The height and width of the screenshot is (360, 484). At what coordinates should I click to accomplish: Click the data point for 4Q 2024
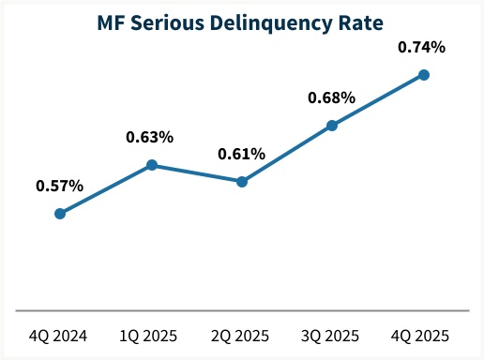click(60, 214)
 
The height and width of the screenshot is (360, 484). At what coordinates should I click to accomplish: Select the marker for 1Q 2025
click(151, 165)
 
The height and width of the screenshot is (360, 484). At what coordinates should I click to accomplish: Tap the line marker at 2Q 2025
click(242, 182)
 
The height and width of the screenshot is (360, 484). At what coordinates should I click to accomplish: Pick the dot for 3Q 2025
click(332, 125)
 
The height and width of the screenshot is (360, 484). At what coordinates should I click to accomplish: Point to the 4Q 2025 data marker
click(423, 75)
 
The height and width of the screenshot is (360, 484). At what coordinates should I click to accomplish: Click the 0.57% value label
click(60, 186)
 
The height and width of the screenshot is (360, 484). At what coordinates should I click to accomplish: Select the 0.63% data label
click(150, 137)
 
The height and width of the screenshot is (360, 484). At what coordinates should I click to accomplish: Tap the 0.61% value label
click(241, 154)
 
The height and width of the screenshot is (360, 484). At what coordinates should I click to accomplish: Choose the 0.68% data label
click(332, 97)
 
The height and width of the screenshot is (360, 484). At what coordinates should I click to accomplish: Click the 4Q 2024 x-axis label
click(60, 335)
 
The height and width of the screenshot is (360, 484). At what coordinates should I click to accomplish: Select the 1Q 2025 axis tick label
click(151, 335)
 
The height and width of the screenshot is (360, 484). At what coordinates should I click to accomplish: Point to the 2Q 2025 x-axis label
click(242, 335)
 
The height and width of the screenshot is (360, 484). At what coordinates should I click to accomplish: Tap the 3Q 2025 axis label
click(332, 335)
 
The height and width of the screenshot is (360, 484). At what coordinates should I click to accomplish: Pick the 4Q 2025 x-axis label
click(423, 335)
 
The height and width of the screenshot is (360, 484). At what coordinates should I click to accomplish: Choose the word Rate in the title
click(367, 20)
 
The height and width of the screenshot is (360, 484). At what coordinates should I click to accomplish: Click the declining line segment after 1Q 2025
click(197, 173)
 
